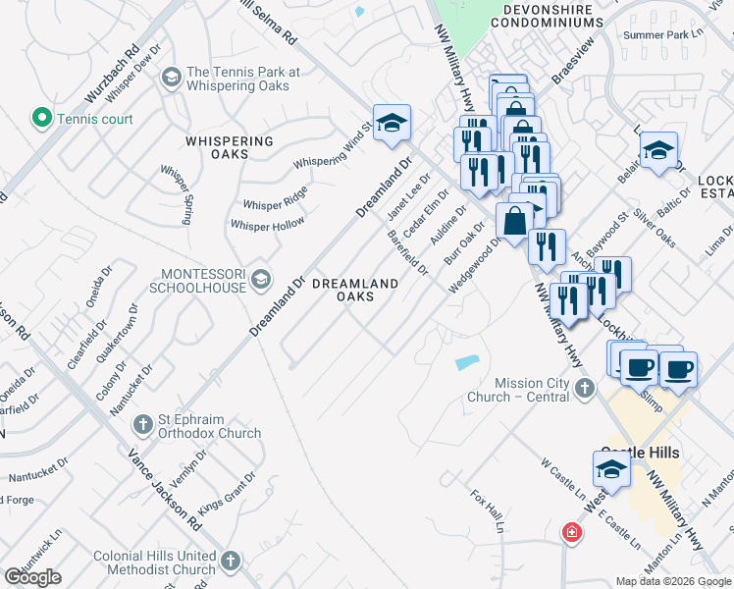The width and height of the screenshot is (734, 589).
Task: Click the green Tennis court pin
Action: pyautogui.click(x=42, y=119)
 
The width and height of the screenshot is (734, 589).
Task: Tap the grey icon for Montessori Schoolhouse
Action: pyautogui.click(x=260, y=280)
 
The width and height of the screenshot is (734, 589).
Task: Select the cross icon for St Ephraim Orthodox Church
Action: pyautogui.click(x=142, y=425)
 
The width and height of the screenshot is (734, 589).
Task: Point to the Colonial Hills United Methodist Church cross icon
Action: pyautogui.click(x=230, y=562)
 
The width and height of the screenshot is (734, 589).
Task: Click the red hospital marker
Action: pyautogui.click(x=570, y=533)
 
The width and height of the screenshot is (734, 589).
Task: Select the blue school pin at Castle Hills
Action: pyautogui.click(x=612, y=469)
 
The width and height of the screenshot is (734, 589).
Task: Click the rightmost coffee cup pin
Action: pyautogui.click(x=678, y=370)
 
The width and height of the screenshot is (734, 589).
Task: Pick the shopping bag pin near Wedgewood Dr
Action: pyautogui.click(x=515, y=223)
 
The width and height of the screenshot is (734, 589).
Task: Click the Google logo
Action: pyautogui.click(x=32, y=577)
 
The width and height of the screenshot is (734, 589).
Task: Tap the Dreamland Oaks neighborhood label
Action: pyautogui.click(x=354, y=290)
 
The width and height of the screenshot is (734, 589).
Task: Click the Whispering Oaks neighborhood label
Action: pyautogui.click(x=230, y=147)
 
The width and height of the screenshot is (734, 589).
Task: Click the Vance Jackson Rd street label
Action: pyautogui.click(x=165, y=490)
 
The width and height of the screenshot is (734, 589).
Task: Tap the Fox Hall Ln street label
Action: pyautogui.click(x=487, y=511)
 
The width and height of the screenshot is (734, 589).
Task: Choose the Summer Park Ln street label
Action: pyautogui.click(x=664, y=34)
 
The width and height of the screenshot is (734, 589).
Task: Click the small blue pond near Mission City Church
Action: pyautogui.click(x=467, y=362)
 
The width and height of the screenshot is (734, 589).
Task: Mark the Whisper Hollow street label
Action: pyautogui.click(x=267, y=225)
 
